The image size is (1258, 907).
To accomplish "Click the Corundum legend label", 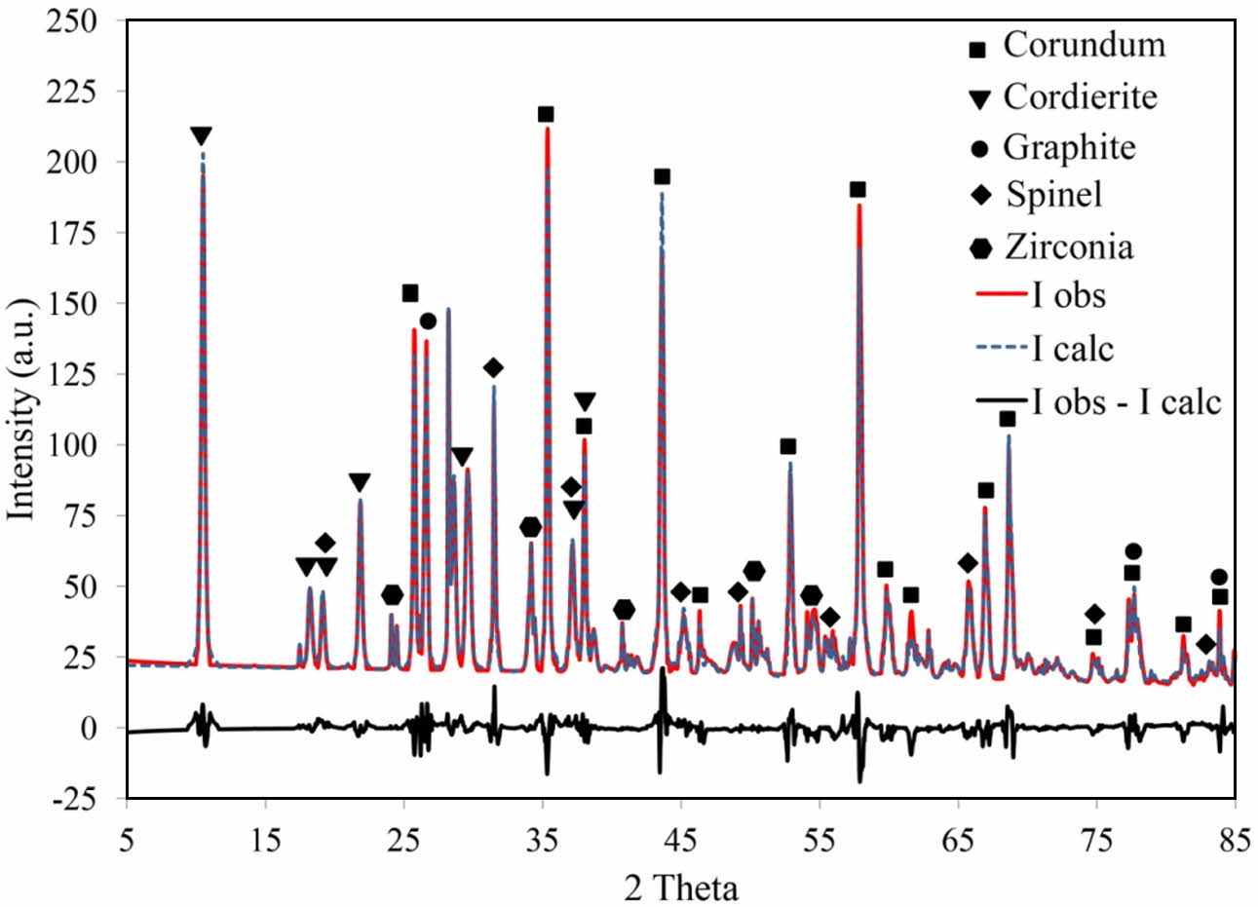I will [x=1084, y=45].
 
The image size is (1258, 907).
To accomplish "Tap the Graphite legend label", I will [x=1069, y=147].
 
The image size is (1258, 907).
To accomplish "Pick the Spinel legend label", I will [x=1054, y=195].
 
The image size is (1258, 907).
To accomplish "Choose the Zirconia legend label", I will [x=1069, y=246].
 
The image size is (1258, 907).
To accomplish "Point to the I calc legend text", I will [x=1073, y=349].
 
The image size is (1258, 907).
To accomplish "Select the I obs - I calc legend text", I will [x=1126, y=400].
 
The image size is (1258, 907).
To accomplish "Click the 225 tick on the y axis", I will [x=75, y=92].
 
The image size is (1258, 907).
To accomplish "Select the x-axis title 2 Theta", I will [x=681, y=887].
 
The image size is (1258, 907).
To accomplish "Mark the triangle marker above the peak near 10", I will [x=202, y=135].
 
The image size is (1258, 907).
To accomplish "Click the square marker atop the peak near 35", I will [x=546, y=115].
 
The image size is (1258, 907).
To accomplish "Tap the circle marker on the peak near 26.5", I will [x=428, y=321].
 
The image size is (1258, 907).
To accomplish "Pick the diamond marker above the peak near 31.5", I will [x=493, y=368].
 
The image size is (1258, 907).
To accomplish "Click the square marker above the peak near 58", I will [x=858, y=190].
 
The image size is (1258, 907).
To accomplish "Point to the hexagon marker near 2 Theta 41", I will [x=625, y=610].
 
